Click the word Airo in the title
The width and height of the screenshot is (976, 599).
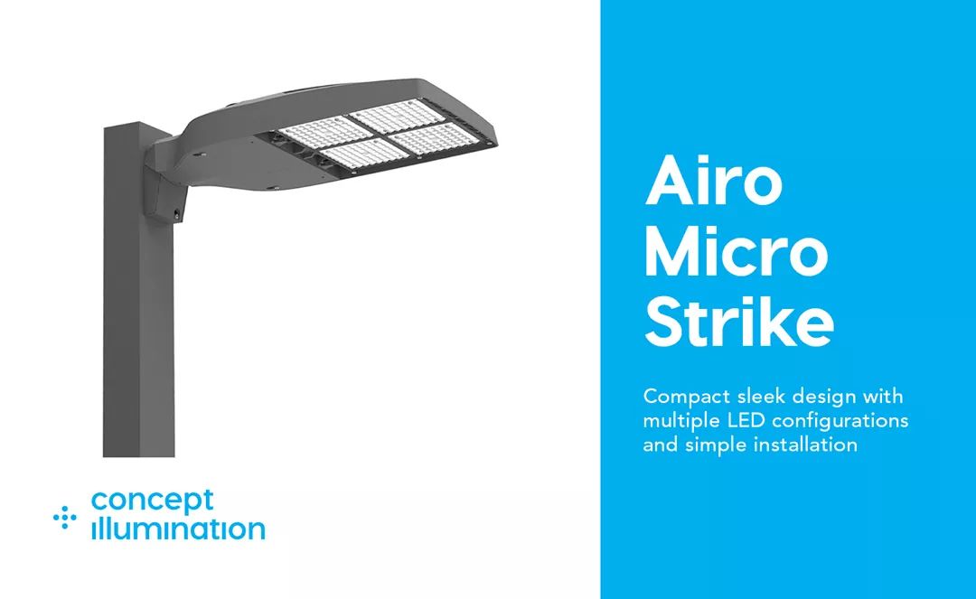click(x=713, y=181)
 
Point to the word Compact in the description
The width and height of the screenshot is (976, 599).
click(x=680, y=398)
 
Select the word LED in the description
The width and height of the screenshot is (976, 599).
click(x=742, y=421)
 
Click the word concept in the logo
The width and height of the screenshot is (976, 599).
click(x=153, y=501)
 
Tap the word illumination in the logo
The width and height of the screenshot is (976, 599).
click(x=178, y=529)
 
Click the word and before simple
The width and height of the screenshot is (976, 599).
click(x=659, y=445)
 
